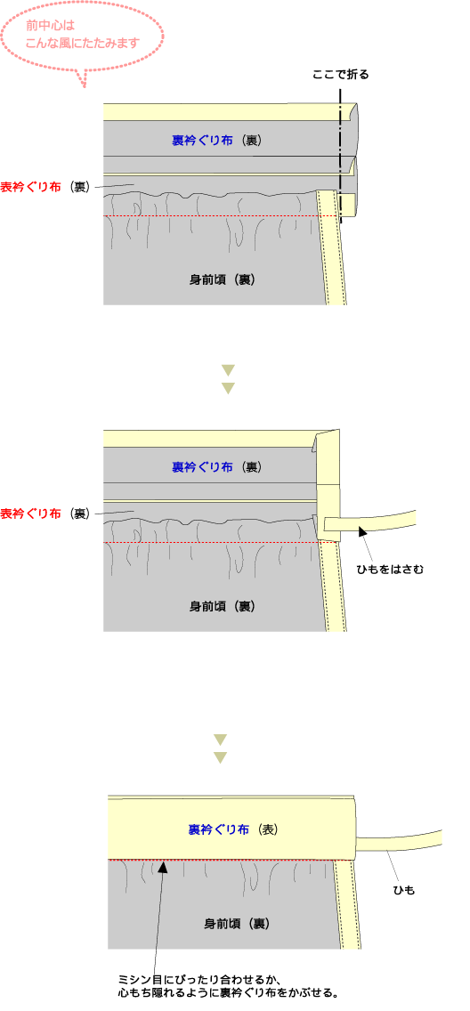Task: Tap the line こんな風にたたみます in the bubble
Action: [83, 44]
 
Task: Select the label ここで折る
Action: [340, 74]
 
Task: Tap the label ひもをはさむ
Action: [390, 570]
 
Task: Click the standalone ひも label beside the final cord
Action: [403, 891]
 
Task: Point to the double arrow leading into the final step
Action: [221, 748]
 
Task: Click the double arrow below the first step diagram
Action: [228, 379]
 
